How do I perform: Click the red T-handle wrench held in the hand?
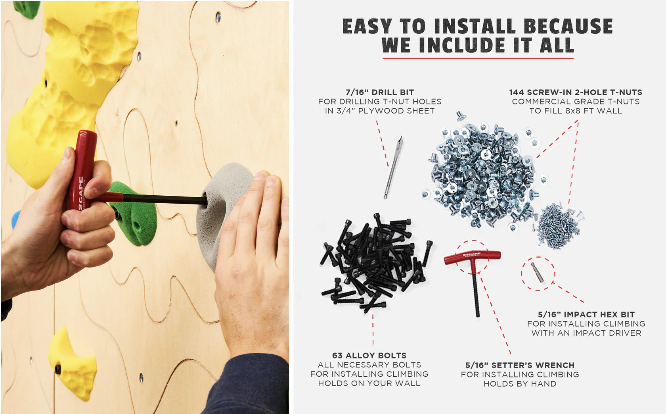(82, 167)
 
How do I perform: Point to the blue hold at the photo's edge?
(15, 219)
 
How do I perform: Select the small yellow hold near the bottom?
(73, 365)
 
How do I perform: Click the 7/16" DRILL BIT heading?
(379, 92)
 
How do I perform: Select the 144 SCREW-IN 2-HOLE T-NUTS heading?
(576, 92)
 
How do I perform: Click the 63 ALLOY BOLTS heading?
(369, 355)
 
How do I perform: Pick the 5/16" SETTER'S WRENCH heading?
(520, 365)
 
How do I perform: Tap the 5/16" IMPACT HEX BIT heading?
(586, 314)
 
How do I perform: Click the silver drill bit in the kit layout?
(393, 167)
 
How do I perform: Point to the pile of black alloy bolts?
(375, 262)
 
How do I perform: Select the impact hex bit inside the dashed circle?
(538, 273)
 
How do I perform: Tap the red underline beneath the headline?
(478, 58)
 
